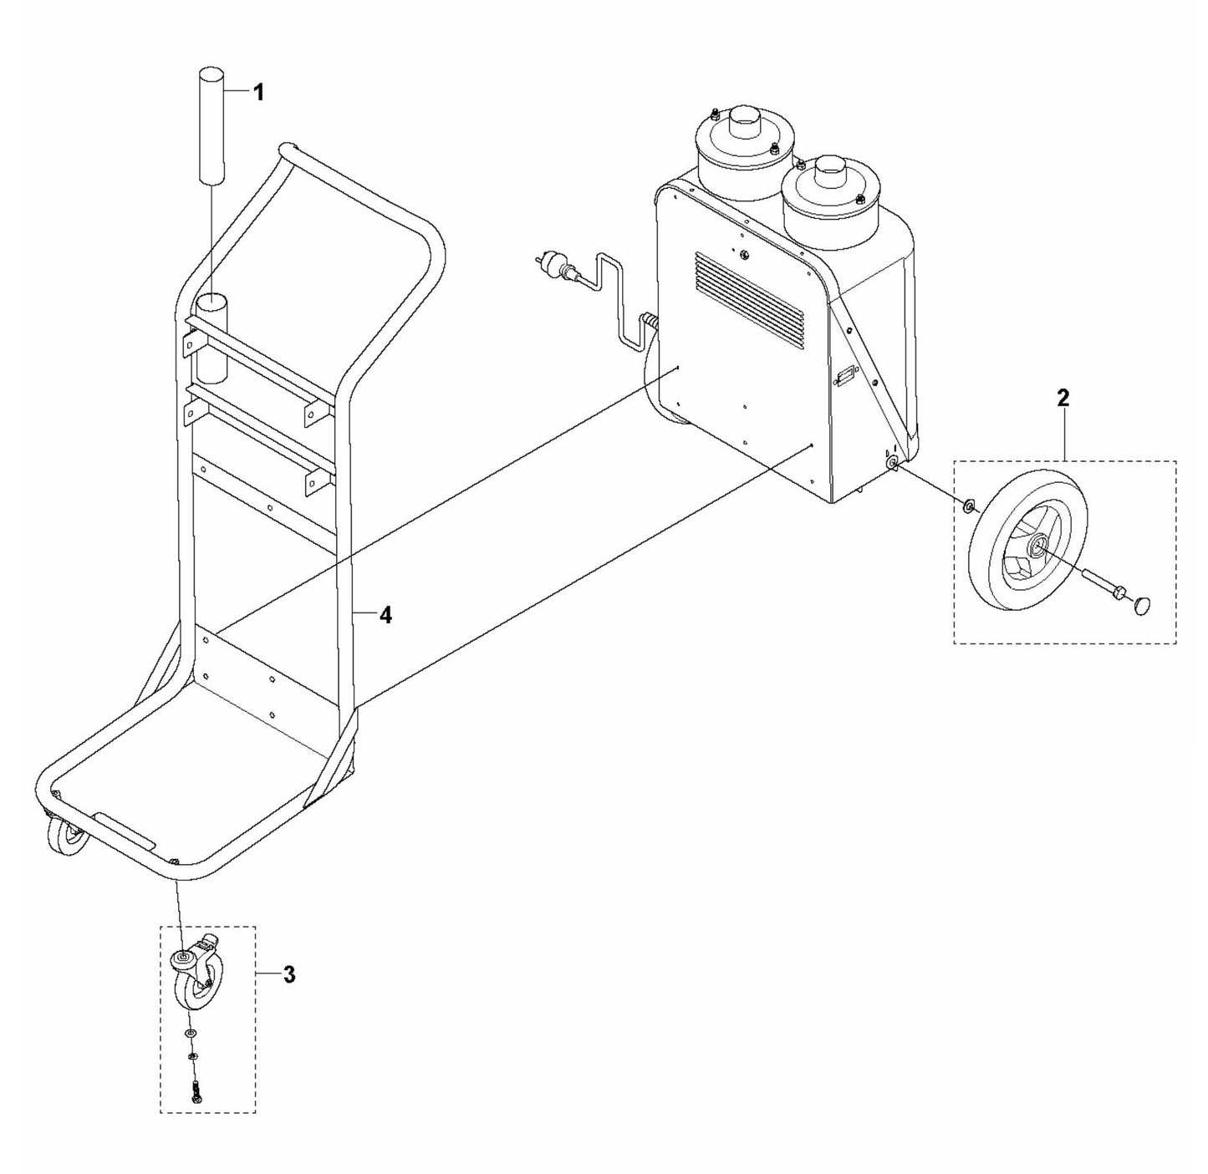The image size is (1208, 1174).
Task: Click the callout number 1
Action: coord(258,93)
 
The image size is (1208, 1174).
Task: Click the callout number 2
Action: coord(1062,398)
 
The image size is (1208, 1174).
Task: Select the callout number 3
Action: coord(288,974)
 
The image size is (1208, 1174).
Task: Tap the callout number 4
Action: coord(385,616)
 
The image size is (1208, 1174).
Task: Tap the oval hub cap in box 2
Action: coord(1143,606)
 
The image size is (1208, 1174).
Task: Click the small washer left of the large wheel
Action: coord(967,504)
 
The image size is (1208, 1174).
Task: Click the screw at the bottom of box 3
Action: coord(195,1089)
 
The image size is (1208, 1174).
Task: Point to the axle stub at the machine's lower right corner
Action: coord(893,463)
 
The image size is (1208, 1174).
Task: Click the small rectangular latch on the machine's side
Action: coord(845,377)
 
